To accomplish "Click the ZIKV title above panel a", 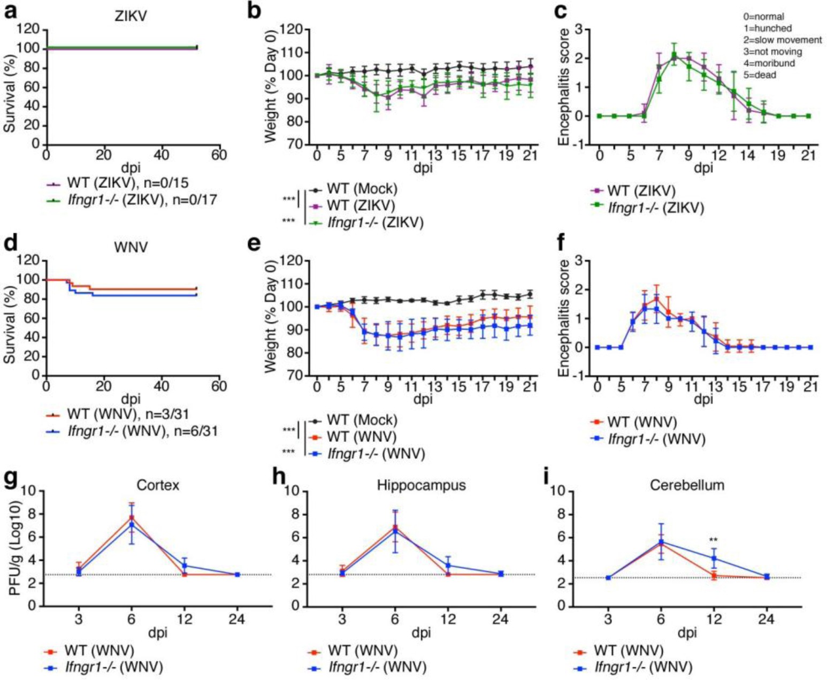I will pos(131,16).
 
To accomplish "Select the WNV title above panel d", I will pos(131,247).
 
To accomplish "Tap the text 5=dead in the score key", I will pos(759,75).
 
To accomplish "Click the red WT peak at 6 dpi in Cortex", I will pos(131,517).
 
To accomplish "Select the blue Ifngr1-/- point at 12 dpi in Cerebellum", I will pos(713,558).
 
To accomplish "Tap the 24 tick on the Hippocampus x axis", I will pos(500,619).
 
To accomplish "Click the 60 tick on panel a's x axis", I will pos(219,155).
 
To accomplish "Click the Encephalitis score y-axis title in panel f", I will pos(563,318).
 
